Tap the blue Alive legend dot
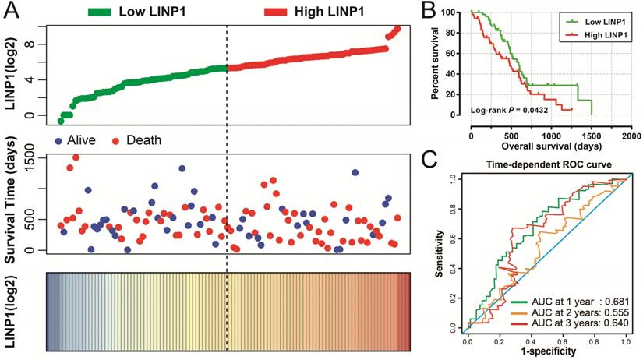click(59, 140)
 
